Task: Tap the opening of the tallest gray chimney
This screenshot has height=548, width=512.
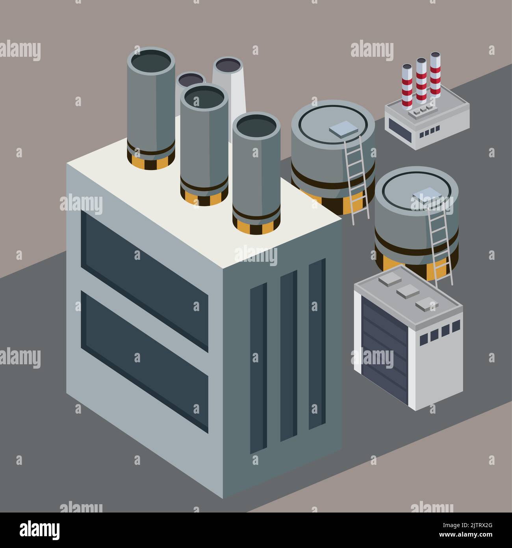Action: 151,62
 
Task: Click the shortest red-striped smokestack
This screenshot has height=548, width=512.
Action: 407,87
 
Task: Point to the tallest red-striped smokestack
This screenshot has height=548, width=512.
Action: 435,75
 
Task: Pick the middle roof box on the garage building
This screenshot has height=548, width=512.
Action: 407,292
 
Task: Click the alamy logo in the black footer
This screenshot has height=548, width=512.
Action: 40,529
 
